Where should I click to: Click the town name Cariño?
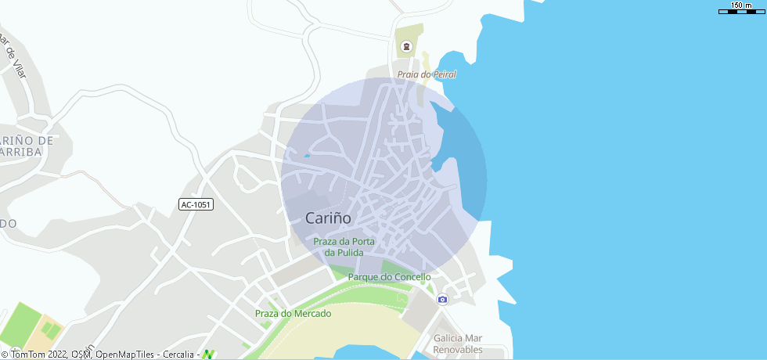coord(328,218)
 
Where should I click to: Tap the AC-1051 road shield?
coord(196,204)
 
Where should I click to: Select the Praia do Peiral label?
coord(427,74)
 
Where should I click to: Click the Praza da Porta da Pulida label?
coord(344,247)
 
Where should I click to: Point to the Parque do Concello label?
coord(389,277)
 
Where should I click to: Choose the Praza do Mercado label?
coord(293,313)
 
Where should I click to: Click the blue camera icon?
coord(442,299)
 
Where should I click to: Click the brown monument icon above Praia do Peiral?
coord(405,47)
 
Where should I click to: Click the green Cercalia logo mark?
coord(208,355)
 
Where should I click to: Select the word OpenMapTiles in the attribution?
coord(125,355)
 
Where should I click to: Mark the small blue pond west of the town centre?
coord(307,156)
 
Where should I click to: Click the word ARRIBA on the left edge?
coord(21,152)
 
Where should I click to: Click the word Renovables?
coord(458,350)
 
